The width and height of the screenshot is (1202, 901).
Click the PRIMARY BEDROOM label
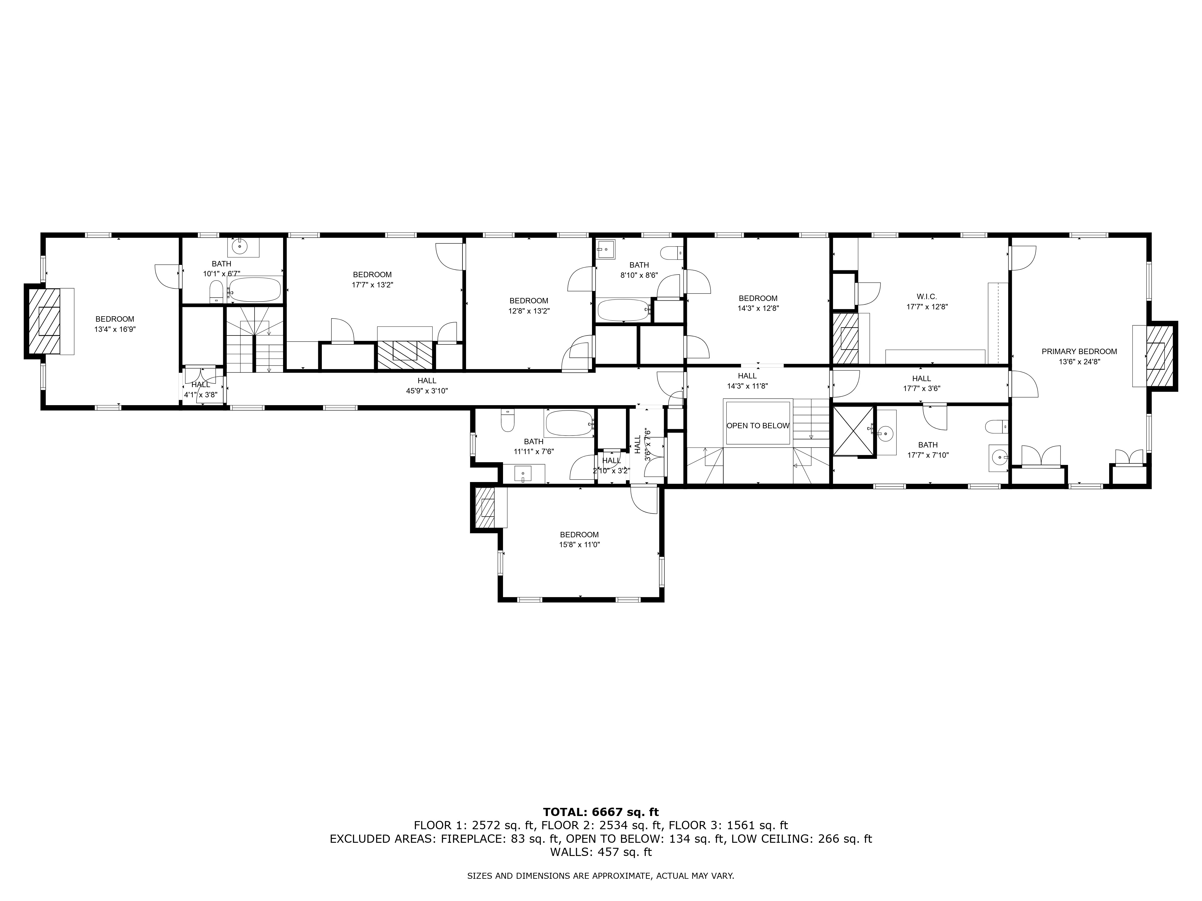1079,351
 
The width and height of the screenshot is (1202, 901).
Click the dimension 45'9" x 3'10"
427,390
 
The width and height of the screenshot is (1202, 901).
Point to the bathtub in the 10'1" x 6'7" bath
254,290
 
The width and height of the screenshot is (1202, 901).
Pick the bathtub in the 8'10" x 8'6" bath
623,310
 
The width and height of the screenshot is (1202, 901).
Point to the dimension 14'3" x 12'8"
758,308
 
